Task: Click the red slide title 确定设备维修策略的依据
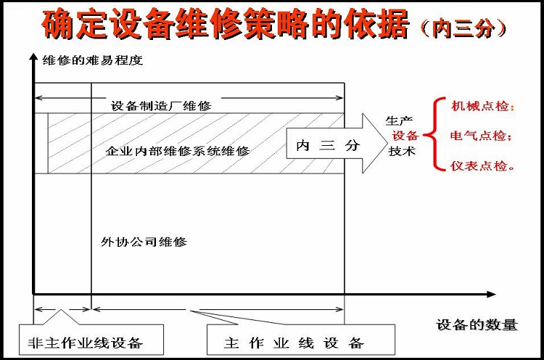[x=225, y=24]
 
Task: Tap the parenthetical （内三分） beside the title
[x=463, y=28]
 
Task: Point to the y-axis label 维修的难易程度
[x=93, y=60]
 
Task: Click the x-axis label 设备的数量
[x=477, y=325]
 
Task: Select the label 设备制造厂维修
[x=161, y=105]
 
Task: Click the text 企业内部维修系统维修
[x=178, y=151]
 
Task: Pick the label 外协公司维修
[x=144, y=242]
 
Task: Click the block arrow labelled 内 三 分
[x=337, y=144]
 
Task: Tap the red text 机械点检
[x=482, y=105]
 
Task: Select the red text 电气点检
[x=481, y=136]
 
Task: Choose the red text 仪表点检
[x=482, y=165]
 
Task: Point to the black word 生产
[x=399, y=120]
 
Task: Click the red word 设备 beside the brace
[x=405, y=136]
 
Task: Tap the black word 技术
[x=402, y=151]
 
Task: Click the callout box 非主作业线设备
[x=91, y=340]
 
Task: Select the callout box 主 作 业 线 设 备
[x=301, y=340]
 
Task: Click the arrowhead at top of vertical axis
[x=33, y=57]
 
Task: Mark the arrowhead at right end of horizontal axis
[x=491, y=295]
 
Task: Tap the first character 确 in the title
[x=58, y=24]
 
